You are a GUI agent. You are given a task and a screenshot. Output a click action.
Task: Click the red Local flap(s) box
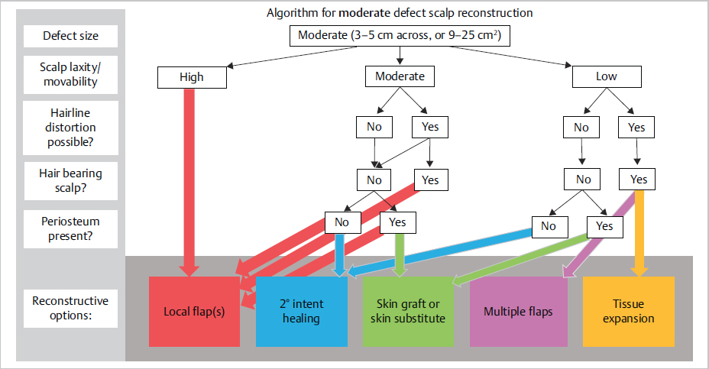(x=194, y=311)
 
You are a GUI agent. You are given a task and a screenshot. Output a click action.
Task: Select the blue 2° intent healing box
(x=302, y=311)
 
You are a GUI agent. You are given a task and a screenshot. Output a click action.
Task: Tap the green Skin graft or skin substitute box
(x=408, y=311)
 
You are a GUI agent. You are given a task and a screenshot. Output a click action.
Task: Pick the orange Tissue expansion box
(x=629, y=311)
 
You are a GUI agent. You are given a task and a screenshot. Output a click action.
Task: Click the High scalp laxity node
(x=192, y=77)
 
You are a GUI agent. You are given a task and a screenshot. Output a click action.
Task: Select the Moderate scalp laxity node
(x=400, y=77)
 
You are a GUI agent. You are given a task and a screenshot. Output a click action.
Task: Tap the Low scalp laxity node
(x=607, y=77)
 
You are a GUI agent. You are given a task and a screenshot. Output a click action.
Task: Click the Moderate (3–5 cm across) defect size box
(x=400, y=35)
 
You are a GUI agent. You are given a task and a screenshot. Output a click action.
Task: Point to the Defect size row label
(x=70, y=36)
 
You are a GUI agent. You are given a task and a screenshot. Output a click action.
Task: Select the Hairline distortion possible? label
(x=70, y=127)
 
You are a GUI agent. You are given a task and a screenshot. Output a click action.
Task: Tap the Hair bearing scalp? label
(x=70, y=180)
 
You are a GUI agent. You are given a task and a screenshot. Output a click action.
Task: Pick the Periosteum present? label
(x=70, y=228)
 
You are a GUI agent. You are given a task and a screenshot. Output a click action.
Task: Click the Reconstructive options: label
(x=70, y=308)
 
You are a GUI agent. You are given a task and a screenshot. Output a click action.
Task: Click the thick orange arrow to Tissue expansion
(x=639, y=229)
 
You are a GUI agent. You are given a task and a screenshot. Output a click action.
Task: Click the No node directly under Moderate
(x=374, y=127)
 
